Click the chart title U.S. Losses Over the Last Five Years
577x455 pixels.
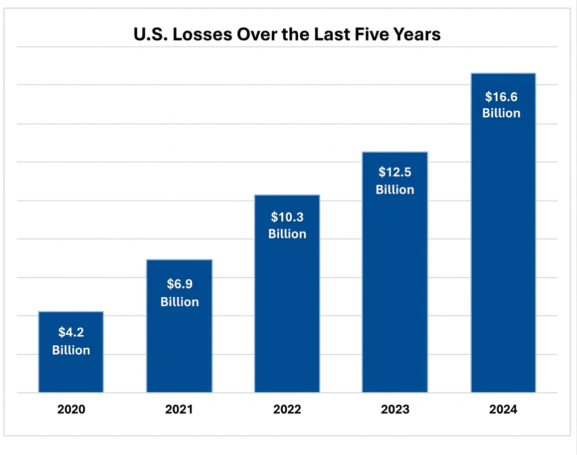click(287, 34)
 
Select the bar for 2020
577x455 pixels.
click(71, 369)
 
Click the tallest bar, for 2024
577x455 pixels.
click(503, 249)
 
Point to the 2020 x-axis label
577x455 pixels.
click(71, 410)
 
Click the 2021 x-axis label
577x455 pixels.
click(179, 410)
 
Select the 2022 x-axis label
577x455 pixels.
click(287, 410)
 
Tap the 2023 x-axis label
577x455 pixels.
click(395, 410)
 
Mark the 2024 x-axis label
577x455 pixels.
click(503, 410)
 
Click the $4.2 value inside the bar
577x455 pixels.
click(71, 333)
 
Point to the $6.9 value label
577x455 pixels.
click(180, 284)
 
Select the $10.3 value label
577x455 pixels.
click(287, 217)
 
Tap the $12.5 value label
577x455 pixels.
click(395, 172)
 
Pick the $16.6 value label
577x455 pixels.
click(501, 96)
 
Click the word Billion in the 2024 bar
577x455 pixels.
click(501, 113)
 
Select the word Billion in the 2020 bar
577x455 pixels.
click(71, 350)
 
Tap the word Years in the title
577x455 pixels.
click(417, 34)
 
